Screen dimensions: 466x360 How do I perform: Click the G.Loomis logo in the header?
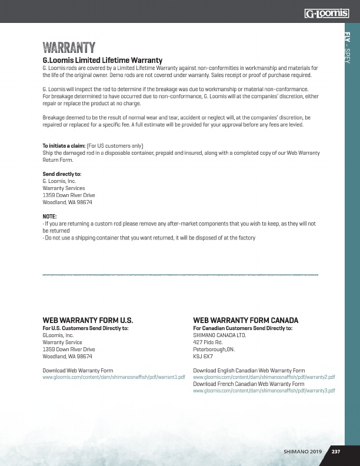coord(326,13)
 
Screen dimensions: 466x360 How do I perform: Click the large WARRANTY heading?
coord(69,48)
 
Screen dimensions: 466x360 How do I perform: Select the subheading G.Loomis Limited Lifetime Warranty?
coord(102,61)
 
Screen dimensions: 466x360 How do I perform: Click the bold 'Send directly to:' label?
coord(62,174)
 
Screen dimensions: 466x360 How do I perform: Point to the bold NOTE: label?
coord(49,217)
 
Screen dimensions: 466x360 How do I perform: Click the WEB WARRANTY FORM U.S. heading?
coord(88,320)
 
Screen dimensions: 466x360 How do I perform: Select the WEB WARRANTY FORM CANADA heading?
coord(245,320)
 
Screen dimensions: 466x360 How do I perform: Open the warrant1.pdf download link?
coord(114,377)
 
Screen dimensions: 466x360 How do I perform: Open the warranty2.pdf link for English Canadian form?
coord(264,377)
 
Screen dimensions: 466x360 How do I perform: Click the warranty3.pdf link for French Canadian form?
coord(264,391)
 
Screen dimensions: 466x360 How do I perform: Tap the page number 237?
coord(335,452)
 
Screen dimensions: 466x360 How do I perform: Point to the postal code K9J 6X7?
coord(203,356)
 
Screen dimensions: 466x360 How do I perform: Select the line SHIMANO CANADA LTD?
coord(219,335)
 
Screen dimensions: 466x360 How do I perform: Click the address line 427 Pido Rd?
coord(207,342)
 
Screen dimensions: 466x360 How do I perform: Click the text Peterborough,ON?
coord(214,349)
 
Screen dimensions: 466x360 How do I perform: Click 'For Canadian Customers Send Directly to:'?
coord(242,328)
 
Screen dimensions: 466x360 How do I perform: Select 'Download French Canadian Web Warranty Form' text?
coord(249,384)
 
